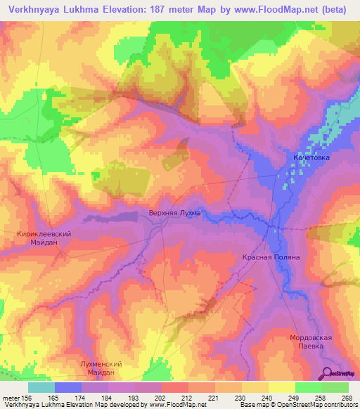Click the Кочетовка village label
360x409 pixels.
click(310, 158)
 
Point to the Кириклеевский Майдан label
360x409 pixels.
click(44, 238)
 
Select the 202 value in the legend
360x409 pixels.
click(160, 398)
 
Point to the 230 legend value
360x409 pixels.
click(240, 398)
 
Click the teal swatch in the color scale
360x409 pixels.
click(41, 387)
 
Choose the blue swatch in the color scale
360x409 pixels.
click(68, 387)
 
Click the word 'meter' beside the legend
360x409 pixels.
click(11, 398)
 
